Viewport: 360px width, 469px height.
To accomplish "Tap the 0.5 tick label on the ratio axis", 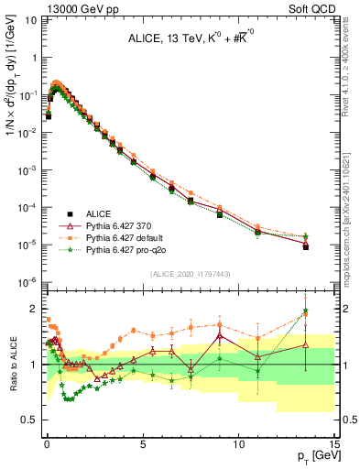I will coord(30,420).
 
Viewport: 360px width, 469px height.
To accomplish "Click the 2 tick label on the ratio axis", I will coord(35,309).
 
